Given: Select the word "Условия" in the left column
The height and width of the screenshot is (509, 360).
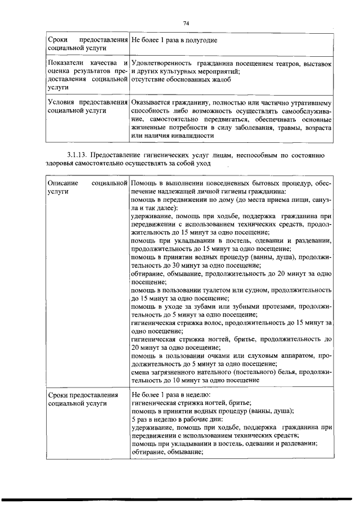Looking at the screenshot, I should (62, 103).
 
